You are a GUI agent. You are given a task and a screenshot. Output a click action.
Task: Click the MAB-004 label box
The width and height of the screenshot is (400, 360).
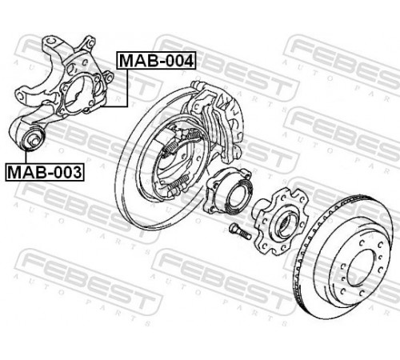point(156,60)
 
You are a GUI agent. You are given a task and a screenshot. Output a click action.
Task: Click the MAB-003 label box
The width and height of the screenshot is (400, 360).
point(45,172)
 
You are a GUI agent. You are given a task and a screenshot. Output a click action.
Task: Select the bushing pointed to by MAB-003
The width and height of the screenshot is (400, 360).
point(33,138)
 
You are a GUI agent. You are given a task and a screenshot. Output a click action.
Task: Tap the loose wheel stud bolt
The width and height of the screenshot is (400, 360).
point(240,231)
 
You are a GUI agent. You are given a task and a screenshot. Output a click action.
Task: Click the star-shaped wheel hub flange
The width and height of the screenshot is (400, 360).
point(281,222)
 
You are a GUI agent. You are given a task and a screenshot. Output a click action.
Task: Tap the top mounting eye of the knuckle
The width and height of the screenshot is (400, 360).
point(50,42)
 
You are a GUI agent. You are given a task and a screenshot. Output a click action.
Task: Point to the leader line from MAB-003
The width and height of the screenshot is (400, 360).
point(26,157)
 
